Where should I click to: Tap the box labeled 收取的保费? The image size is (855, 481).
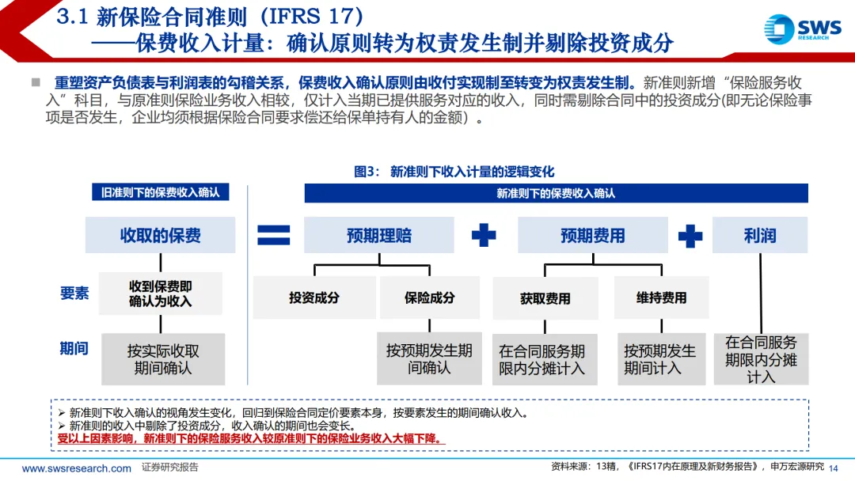[x=160, y=236]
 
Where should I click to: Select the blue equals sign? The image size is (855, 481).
[x=273, y=235]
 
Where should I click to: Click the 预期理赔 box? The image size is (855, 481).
[x=379, y=236]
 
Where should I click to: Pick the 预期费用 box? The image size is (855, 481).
[x=592, y=236]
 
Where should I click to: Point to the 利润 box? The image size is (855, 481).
[x=759, y=236]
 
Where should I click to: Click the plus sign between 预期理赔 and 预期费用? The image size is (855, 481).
[x=484, y=235]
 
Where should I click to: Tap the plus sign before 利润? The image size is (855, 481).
[x=690, y=235]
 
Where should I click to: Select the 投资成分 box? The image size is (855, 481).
[x=314, y=297]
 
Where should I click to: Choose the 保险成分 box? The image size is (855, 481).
[x=429, y=297]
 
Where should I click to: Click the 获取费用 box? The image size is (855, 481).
[x=545, y=298]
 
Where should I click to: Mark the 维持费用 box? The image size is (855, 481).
[x=661, y=297]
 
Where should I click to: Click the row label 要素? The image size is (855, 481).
[x=74, y=293]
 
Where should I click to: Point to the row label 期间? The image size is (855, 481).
[x=74, y=348]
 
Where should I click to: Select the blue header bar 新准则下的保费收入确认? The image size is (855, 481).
[x=556, y=193]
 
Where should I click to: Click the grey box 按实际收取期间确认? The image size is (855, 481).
[x=163, y=359]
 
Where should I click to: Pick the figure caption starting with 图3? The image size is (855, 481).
[x=454, y=172]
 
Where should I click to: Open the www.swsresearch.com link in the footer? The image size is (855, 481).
[x=76, y=468]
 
